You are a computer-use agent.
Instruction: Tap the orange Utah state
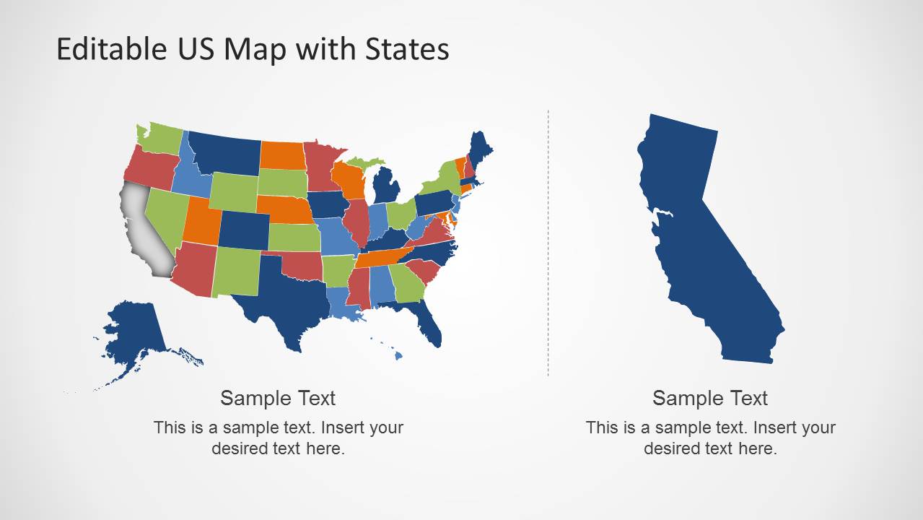pos(200,220)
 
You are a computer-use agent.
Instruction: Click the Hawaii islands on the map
pos(396,354)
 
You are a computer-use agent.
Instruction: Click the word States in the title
pos(407,49)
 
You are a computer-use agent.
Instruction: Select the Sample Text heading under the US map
pos(278,398)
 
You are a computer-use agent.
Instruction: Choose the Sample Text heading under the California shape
pos(710,398)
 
